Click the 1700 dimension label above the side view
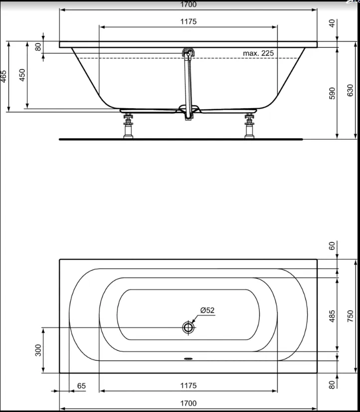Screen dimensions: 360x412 (x=188, y=4)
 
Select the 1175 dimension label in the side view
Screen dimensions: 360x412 (x=188, y=21)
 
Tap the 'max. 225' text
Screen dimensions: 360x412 (x=258, y=53)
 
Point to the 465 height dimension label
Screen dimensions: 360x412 (x=3, y=76)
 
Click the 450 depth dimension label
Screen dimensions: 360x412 (x=22, y=75)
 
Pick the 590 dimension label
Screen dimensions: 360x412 (x=332, y=93)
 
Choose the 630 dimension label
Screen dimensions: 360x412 (x=351, y=90)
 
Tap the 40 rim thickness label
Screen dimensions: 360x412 (x=332, y=23)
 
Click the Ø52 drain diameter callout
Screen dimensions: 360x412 (x=207, y=310)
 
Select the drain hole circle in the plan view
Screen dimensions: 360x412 (x=188, y=327)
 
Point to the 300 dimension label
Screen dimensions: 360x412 (x=38, y=350)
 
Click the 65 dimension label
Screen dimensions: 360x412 (x=81, y=386)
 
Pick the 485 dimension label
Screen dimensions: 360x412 (x=332, y=316)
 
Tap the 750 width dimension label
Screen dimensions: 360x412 (x=351, y=316)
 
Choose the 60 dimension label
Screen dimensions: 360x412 (x=332, y=246)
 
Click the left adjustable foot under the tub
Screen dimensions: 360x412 (x=128, y=126)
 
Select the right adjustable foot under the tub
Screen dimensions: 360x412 (x=249, y=126)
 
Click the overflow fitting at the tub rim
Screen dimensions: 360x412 (x=188, y=52)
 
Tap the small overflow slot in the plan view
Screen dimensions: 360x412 (x=188, y=358)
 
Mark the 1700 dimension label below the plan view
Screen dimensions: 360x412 (x=188, y=404)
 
